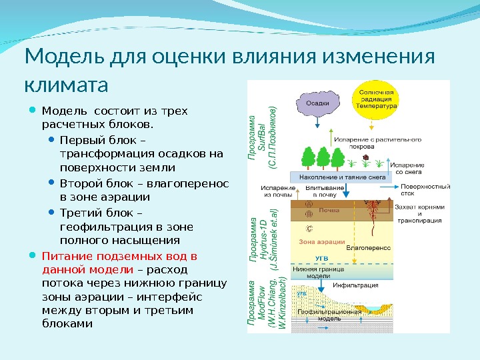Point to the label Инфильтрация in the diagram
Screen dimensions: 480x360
point(360,285)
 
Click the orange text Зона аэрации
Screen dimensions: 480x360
point(322,241)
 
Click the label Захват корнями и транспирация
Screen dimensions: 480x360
point(419,214)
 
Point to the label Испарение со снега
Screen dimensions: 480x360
point(407,168)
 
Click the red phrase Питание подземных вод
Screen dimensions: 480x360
point(119,256)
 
